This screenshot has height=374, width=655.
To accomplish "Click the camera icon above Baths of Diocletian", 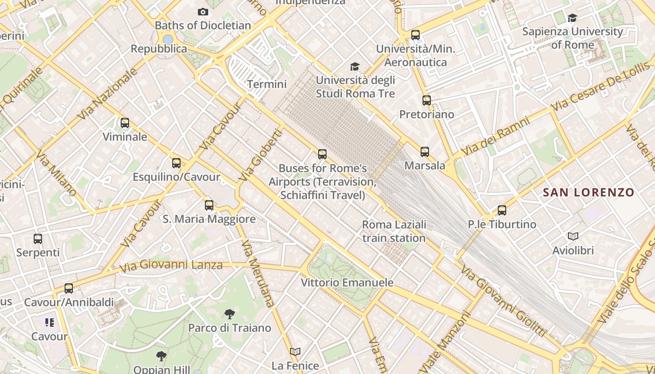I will tap(203, 12).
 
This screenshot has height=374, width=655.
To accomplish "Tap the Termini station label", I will tap(267, 84).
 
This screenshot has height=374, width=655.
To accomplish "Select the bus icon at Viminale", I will tap(125, 123).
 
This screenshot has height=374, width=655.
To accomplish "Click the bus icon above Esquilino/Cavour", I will tap(176, 163).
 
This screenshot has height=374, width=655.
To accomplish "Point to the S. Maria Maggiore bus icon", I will tap(209, 205).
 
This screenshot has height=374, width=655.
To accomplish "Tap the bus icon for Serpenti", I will tap(38, 239).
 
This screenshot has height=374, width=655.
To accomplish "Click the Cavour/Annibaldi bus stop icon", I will tap(69, 288).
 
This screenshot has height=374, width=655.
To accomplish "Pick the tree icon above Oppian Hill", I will tap(161, 356).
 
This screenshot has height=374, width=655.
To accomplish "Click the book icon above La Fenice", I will tap(295, 352).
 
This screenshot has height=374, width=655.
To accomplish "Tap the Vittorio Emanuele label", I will tap(347, 283).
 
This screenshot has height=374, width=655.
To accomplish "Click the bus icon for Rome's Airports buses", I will tap(322, 154).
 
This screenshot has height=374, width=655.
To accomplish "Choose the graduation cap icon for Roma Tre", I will tap(355, 66).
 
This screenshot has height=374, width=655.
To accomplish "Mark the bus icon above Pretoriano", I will tap(426, 101).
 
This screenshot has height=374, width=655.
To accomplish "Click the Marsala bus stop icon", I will tap(425, 152).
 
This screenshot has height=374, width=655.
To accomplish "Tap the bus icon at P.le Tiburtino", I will tap(502, 210).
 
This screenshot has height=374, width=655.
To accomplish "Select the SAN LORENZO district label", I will tap(589, 192).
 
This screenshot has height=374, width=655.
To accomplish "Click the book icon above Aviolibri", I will tap(573, 237).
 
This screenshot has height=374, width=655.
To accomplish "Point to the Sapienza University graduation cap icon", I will tap(572, 18).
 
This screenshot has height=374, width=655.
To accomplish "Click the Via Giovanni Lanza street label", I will tap(171, 266).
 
